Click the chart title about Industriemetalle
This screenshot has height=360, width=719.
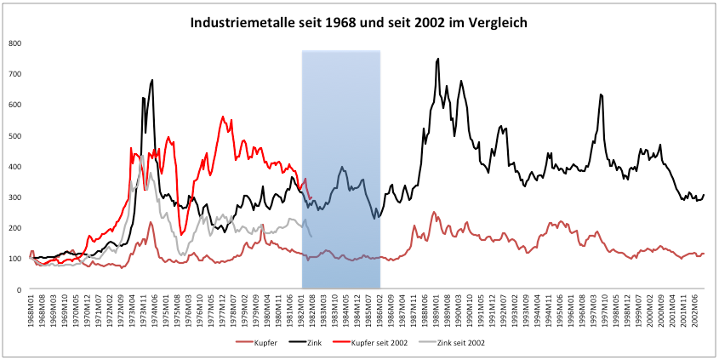[x=358, y=23]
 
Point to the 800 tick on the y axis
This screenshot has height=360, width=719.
[x=15, y=43]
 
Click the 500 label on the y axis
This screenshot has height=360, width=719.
[x=15, y=136]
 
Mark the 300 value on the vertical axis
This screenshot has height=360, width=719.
[x=15, y=197]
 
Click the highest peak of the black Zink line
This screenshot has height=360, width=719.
[x=437, y=59]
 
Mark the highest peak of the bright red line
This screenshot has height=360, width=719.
[x=223, y=117]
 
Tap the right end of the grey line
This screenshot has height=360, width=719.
[x=311, y=236]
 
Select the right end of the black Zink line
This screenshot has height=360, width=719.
[x=704, y=195]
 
